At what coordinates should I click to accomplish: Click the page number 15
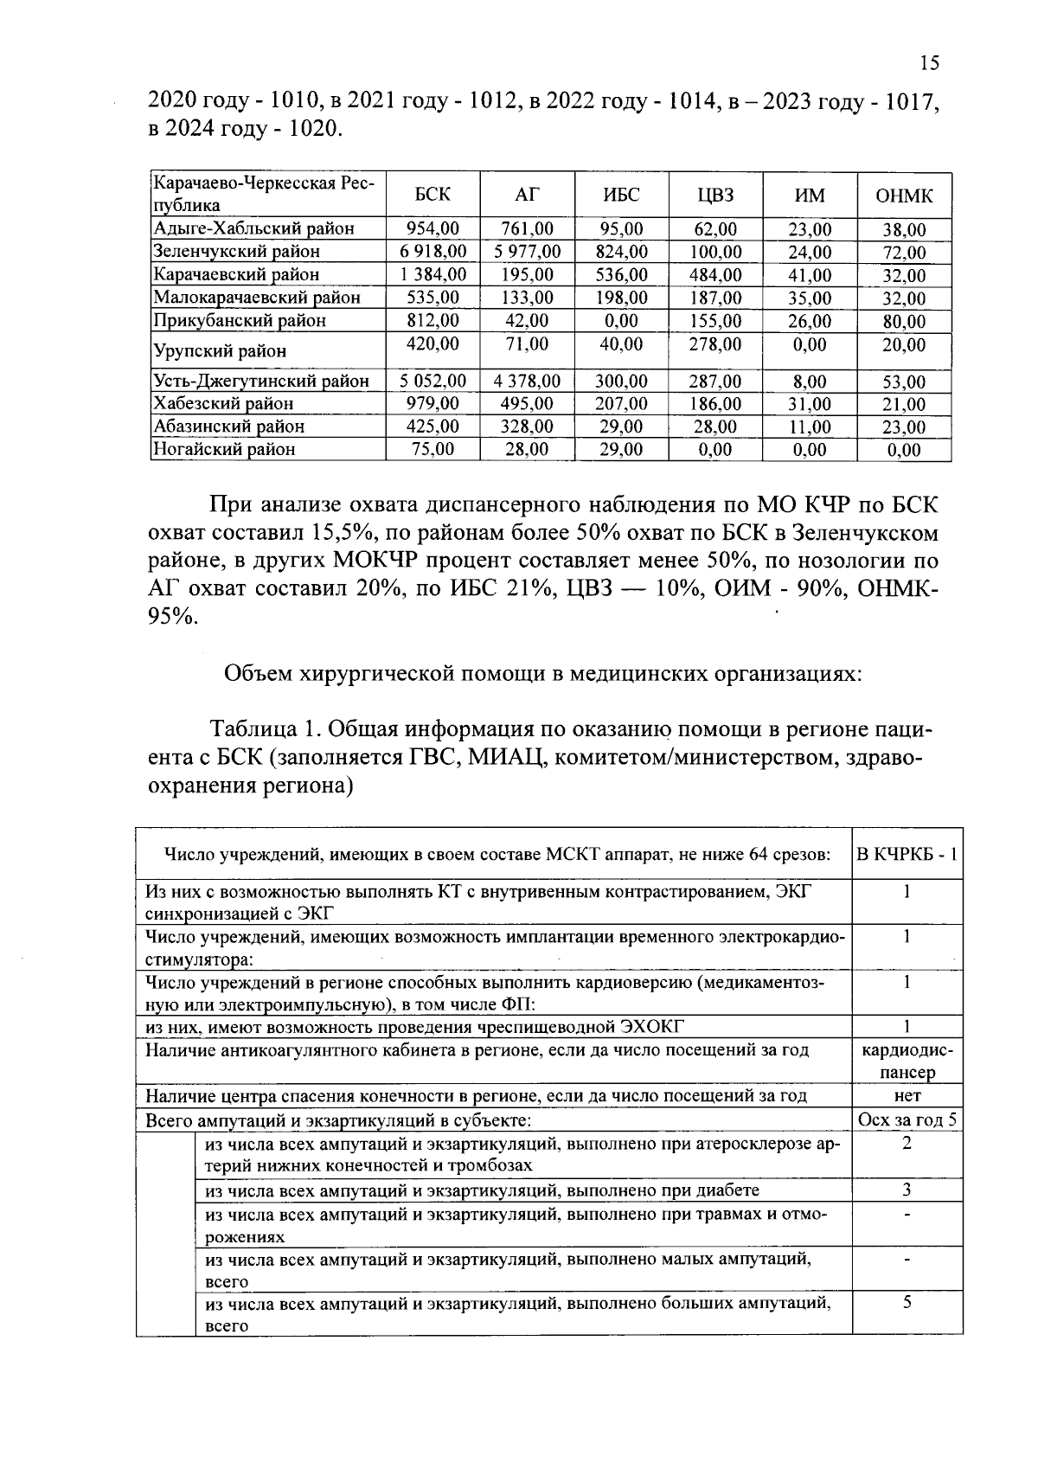[x=929, y=62]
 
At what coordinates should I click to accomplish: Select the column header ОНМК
[x=904, y=196]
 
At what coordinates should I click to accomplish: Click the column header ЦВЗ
[x=715, y=196]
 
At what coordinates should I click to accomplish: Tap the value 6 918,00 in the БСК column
[x=432, y=252]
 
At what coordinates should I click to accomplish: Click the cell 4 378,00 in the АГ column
[x=527, y=381]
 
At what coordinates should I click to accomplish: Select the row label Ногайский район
[x=224, y=449]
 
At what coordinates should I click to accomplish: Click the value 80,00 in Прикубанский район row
[x=904, y=322]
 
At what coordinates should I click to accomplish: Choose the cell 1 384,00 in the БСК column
[x=432, y=275]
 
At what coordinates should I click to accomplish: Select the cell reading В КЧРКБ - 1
[x=907, y=854]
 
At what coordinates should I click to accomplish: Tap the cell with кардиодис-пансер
[x=907, y=1062]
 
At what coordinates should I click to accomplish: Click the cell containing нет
[x=907, y=1096]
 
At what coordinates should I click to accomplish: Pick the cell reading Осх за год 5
[x=907, y=1119]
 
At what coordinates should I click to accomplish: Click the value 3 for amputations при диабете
[x=907, y=1190]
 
